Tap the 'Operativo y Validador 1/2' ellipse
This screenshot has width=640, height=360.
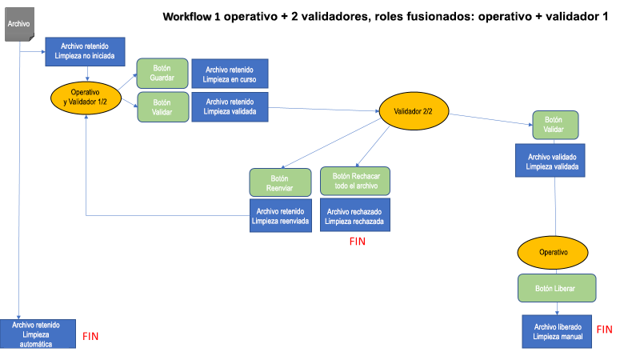pos(86,97)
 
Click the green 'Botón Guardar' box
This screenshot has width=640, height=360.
pos(162,74)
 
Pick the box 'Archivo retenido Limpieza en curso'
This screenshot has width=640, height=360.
pos(230,74)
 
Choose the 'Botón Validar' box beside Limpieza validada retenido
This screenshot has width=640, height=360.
pos(162,107)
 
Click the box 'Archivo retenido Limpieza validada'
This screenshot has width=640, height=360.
pos(230,107)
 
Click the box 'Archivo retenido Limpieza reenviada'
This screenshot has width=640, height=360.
pos(279,216)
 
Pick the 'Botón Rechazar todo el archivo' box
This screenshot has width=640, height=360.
pos(355,182)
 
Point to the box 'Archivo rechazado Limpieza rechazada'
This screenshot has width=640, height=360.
pos(355,216)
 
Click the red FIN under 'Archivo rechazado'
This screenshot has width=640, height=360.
pos(357,242)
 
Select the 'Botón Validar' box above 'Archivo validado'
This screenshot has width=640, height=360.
pos(555,125)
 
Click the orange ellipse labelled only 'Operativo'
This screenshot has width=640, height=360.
pos(554,252)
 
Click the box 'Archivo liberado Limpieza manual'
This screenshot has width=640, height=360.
pos(557,331)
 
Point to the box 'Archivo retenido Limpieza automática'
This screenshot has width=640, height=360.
pos(38,334)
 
